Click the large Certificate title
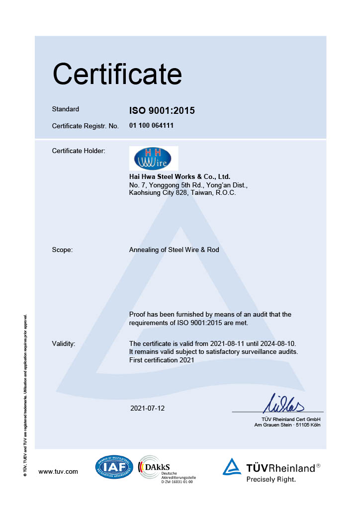tap(117, 74)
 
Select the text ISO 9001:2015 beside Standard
tap(162, 111)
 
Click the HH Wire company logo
tap(153, 158)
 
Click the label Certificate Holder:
tap(79, 151)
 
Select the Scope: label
tap(62, 250)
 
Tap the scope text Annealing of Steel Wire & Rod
tap(174, 250)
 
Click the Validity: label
tap(64, 343)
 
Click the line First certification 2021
tap(162, 359)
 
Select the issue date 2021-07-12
tap(147, 408)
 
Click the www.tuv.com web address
tap(58, 471)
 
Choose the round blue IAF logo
tap(114, 468)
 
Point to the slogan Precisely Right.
tap(271, 480)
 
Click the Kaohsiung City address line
tap(182, 192)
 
